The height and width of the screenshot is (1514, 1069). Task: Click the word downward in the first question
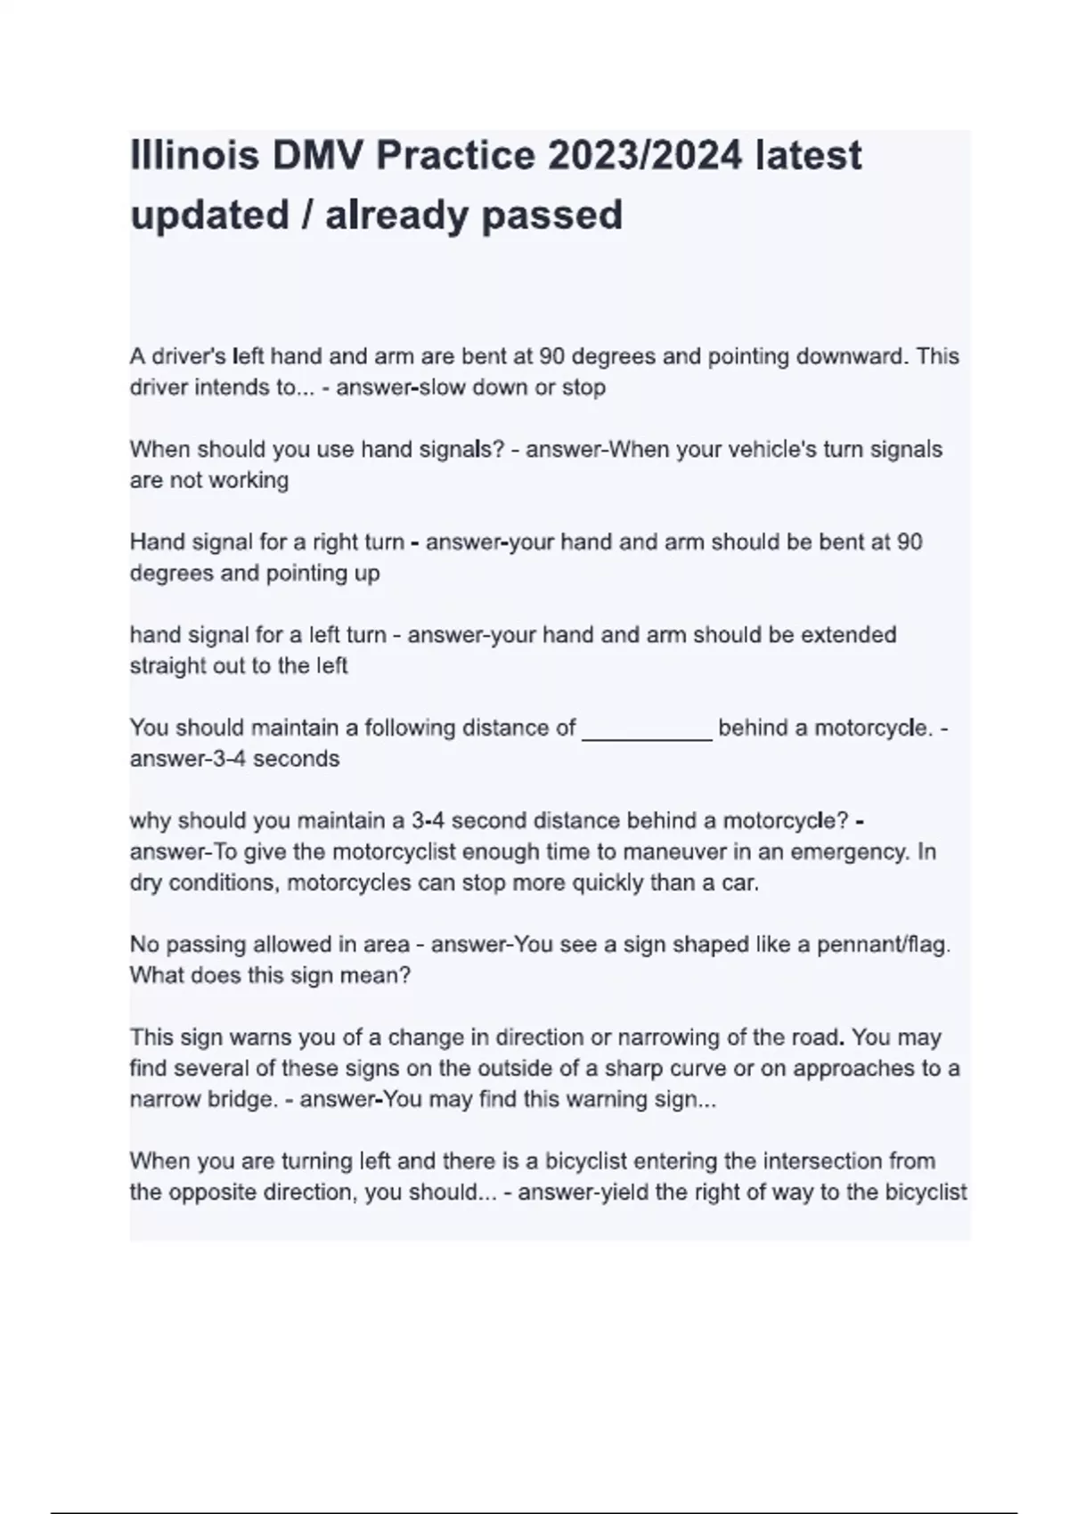click(852, 356)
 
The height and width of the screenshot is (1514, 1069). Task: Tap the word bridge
click(237, 1099)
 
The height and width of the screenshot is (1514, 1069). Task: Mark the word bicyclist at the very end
click(926, 1192)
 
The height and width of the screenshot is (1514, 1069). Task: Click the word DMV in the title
click(318, 157)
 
